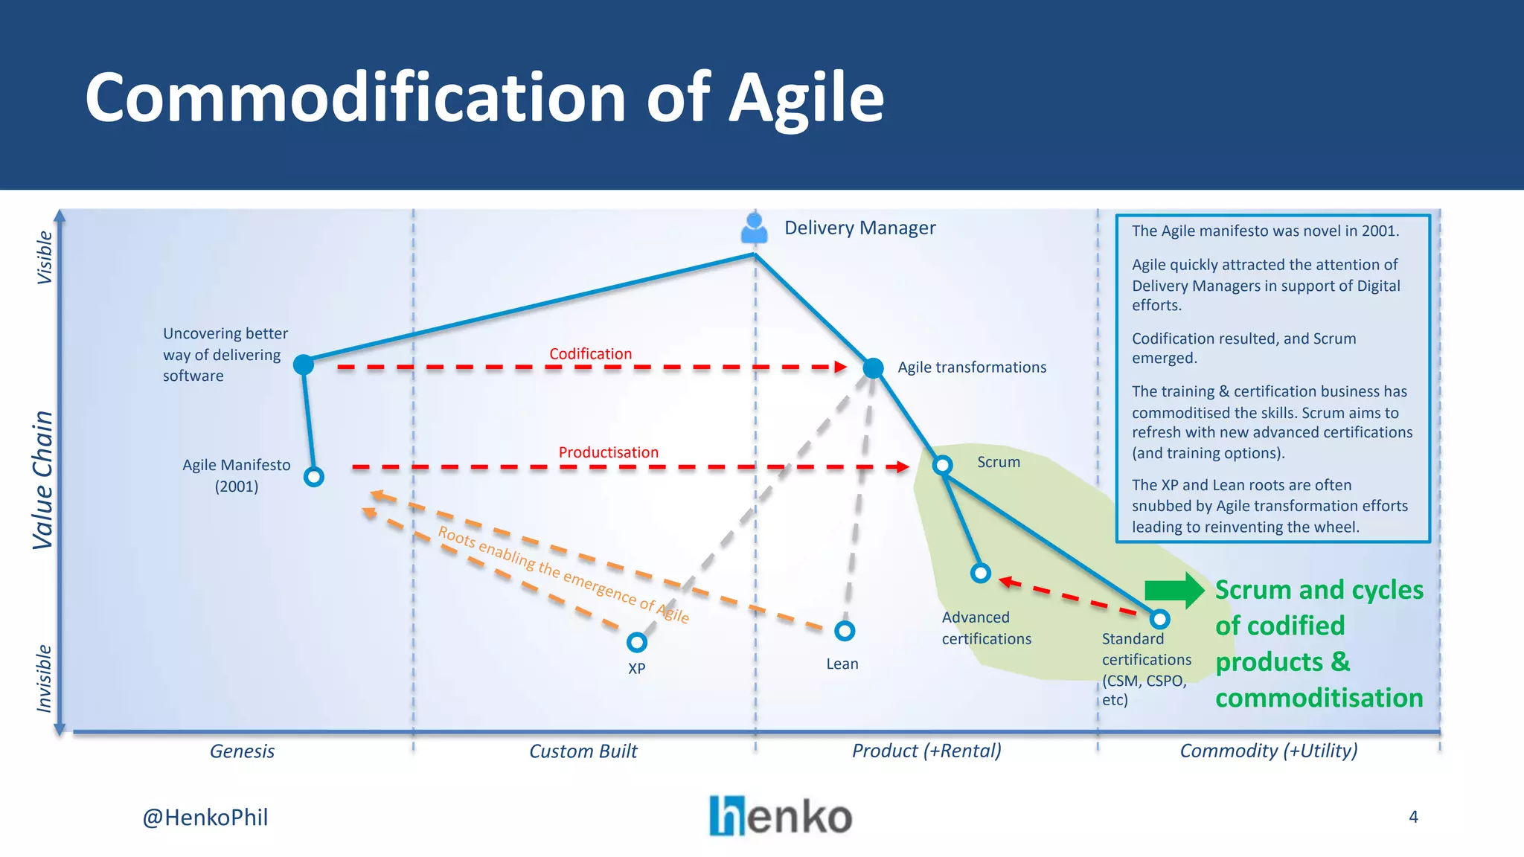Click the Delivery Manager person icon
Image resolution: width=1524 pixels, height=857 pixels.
pos(755,228)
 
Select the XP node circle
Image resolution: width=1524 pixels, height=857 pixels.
pos(637,642)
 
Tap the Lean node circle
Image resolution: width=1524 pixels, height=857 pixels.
pos(845,631)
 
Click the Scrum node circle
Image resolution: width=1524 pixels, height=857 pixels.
pos(943,465)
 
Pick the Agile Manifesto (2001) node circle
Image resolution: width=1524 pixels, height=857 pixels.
pos(314,477)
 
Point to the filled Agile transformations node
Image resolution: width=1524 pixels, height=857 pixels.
pos(873,367)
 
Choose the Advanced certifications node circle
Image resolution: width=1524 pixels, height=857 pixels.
pos(981,573)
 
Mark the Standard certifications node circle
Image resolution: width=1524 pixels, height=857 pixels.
pos(1160,619)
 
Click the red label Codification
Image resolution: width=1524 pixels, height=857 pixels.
pos(590,354)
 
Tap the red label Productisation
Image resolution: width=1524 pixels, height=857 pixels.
pos(608,452)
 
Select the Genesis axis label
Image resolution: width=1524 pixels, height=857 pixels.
pos(242,751)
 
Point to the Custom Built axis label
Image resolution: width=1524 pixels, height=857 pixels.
pos(583,751)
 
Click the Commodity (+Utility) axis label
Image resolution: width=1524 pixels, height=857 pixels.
pos(1269,751)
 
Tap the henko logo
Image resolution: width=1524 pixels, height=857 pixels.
pos(781,816)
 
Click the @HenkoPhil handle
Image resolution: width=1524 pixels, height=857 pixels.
pos(205,818)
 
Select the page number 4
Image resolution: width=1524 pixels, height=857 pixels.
pos(1413,817)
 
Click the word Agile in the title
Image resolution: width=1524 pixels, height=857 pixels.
pos(806,98)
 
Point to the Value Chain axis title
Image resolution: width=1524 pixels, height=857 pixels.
pos(43,480)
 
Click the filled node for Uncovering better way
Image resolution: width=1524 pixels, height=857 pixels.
pos(304,365)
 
